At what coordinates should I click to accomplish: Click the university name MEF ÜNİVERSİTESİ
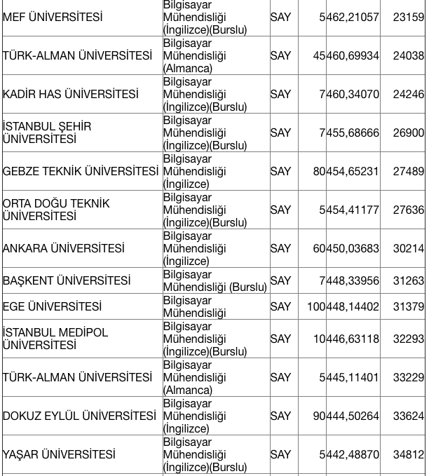(53, 17)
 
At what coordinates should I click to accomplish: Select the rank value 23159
(408, 17)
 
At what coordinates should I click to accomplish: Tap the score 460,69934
(352, 55)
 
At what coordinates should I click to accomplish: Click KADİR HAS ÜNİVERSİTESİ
(71, 94)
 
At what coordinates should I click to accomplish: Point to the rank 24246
(408, 94)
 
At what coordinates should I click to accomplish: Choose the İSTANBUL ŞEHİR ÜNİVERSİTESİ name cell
(47, 132)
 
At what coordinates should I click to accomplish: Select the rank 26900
(408, 132)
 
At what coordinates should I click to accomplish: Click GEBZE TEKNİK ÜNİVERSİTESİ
(81, 171)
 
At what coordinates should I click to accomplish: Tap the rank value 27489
(408, 171)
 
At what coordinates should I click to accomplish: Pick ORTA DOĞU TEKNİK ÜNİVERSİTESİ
(56, 210)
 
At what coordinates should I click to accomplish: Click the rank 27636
(408, 210)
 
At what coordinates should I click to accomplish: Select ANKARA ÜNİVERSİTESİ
(64, 248)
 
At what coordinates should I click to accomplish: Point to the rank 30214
(408, 248)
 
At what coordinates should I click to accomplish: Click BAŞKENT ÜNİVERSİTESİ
(67, 280)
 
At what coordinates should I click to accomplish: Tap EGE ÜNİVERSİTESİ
(52, 306)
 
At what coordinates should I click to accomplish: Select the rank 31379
(408, 306)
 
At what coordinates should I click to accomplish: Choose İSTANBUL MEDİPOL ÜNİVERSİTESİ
(55, 339)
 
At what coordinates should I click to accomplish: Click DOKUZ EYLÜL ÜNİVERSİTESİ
(79, 416)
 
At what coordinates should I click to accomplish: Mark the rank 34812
(408, 454)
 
